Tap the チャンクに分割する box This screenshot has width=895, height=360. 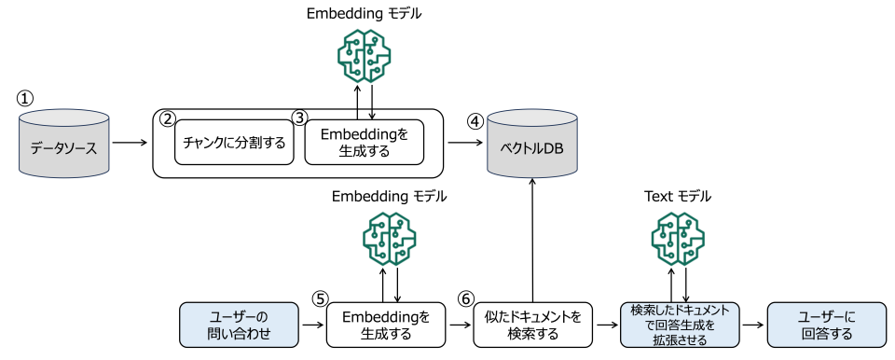[x=234, y=144]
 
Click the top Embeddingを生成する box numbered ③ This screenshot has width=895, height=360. [x=364, y=143]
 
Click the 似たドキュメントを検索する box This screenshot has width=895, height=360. [x=532, y=325]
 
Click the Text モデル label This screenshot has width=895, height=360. [x=678, y=197]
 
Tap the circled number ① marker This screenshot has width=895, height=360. [x=25, y=98]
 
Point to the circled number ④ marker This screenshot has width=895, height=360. [x=475, y=121]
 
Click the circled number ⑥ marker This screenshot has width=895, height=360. [x=466, y=299]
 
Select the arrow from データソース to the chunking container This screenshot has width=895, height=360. [x=131, y=143]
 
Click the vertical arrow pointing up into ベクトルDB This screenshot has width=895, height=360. [x=532, y=238]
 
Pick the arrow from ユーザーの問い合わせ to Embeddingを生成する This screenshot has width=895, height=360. [x=312, y=325]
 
